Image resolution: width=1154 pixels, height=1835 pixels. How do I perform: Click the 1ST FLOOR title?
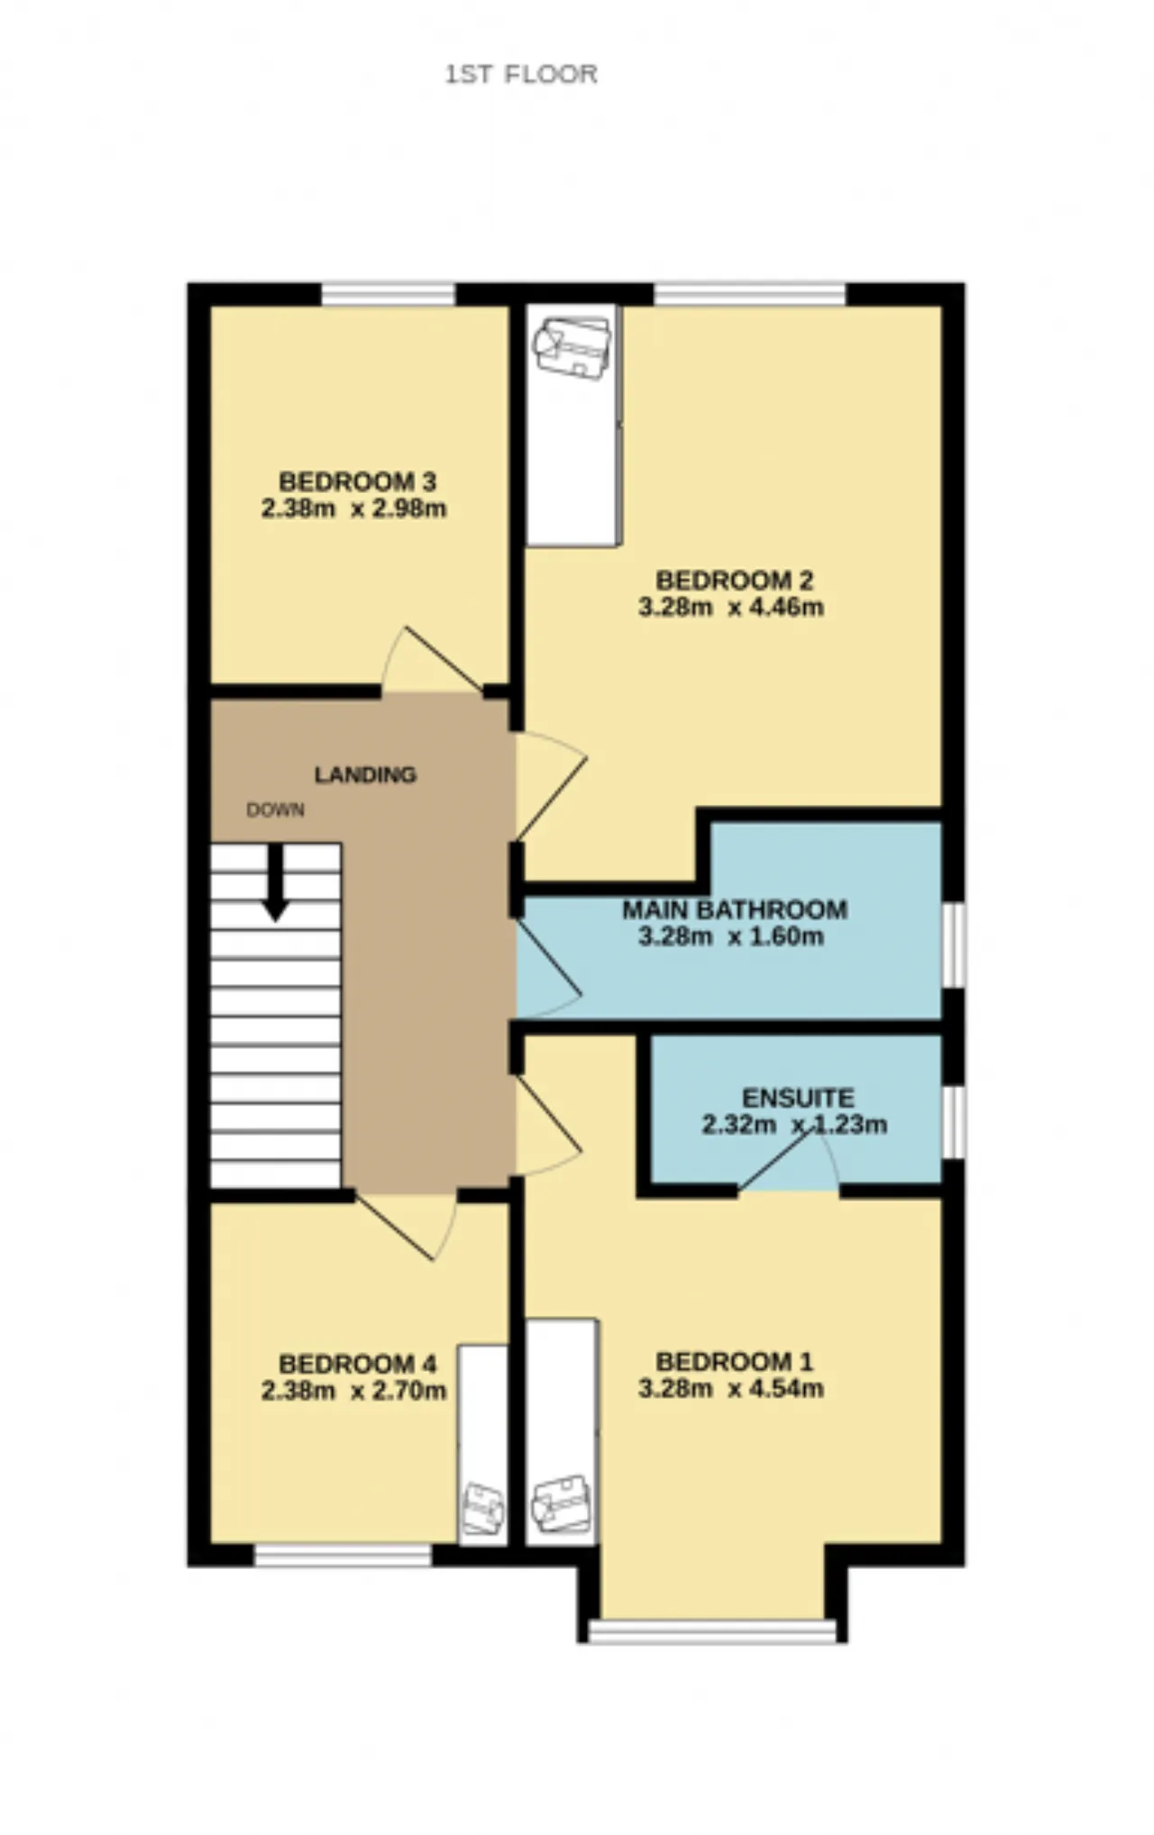tap(521, 74)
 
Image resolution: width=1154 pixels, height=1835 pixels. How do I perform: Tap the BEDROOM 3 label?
tap(358, 481)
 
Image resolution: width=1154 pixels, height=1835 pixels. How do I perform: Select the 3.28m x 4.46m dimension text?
tap(731, 607)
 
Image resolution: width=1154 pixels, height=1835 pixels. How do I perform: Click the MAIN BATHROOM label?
tap(735, 909)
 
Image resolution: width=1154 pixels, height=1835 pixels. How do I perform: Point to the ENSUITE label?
tap(798, 1098)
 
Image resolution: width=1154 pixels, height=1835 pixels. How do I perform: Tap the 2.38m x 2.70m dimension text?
tap(354, 1392)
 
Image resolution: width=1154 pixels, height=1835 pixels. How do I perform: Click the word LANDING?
tap(365, 774)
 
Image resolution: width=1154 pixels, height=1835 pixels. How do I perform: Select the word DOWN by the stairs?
tap(275, 809)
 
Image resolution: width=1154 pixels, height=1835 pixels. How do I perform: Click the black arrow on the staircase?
tap(276, 882)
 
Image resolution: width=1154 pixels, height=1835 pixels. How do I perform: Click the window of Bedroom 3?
tap(389, 295)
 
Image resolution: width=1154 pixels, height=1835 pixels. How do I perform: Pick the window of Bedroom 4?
tap(343, 1555)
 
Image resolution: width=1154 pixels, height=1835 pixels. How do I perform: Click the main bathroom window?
tap(954, 945)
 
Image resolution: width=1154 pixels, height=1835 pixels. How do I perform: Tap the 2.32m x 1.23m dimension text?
tap(794, 1125)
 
